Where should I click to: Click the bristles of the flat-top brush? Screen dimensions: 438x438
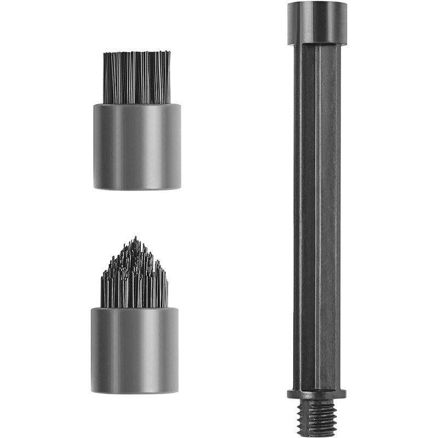pyautogui.click(x=136, y=78)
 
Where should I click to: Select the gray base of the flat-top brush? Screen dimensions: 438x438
pyautogui.click(x=137, y=146)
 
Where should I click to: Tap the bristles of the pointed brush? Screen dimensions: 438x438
pyautogui.click(x=135, y=279)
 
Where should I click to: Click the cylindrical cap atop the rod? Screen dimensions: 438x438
pyautogui.click(x=317, y=22)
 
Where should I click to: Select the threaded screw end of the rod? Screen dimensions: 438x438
pyautogui.click(x=317, y=417)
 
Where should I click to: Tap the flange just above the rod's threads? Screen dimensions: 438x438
pyautogui.click(x=317, y=393)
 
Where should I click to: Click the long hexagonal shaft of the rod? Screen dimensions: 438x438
pyautogui.click(x=317, y=219)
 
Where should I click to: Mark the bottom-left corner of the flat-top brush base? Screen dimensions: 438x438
pyautogui.click(x=94, y=188)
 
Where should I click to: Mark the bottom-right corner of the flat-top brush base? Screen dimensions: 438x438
pyautogui.click(x=180, y=188)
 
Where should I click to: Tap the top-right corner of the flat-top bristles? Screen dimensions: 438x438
pyautogui.click(x=170, y=53)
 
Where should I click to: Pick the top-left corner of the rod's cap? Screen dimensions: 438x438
pyautogui.click(x=288, y=3)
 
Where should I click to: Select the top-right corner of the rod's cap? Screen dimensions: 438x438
pyautogui.click(x=347, y=3)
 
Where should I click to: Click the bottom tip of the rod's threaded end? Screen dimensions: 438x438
pyautogui.click(x=317, y=435)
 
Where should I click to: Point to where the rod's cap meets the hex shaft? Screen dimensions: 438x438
pyautogui.click(x=317, y=43)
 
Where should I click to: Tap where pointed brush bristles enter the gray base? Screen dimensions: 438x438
pyautogui.click(x=135, y=307)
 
